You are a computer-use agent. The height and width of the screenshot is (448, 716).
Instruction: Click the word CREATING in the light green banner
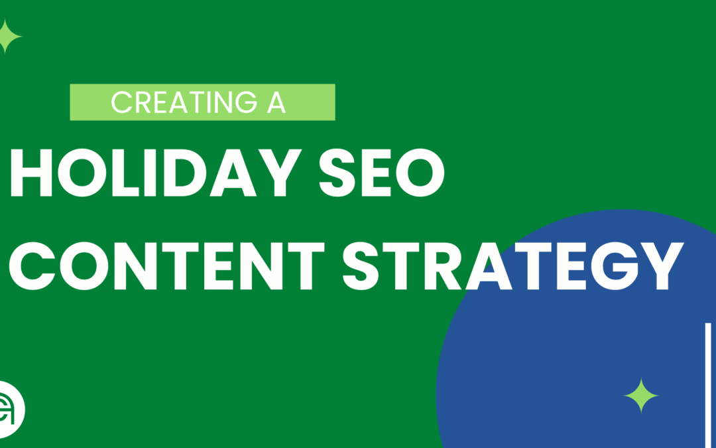point(184,102)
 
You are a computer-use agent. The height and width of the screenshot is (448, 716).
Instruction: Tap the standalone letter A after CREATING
point(276,102)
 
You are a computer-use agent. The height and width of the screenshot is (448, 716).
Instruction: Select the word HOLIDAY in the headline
point(155,173)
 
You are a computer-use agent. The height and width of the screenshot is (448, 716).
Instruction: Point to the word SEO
point(382,173)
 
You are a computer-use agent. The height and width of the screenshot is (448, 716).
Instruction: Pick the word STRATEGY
point(512,265)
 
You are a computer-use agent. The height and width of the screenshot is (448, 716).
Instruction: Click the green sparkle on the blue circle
point(641,396)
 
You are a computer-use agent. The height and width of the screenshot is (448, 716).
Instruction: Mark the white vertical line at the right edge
point(708,386)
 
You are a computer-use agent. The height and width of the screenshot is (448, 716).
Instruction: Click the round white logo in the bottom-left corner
point(10,410)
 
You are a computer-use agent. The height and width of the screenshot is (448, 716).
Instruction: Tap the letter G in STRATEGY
point(615,265)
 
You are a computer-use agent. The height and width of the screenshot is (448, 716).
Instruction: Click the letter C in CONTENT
point(32,265)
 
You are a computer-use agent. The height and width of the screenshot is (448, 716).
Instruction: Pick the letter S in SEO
point(337,173)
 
